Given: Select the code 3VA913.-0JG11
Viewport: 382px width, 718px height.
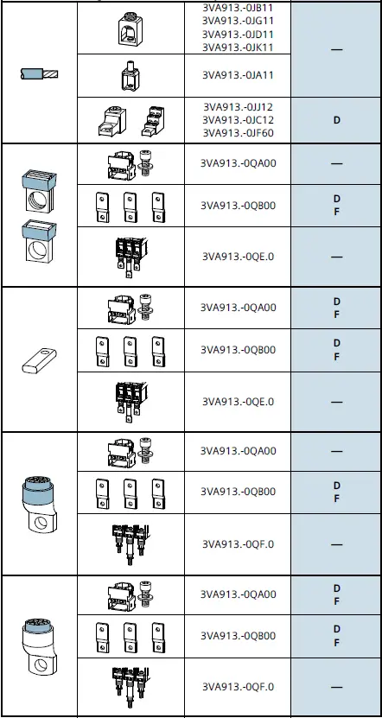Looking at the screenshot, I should pos(239,21).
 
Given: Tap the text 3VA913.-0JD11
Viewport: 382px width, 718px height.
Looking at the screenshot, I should pos(239,34).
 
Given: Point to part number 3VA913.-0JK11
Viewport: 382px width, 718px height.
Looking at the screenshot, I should pos(239,46).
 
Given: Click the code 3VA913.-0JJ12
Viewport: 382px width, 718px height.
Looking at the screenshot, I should pos(239,107).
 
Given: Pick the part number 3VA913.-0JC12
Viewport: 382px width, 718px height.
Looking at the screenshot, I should pos(239,120).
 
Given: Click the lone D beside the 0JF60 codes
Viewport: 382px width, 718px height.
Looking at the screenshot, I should pos(336,120).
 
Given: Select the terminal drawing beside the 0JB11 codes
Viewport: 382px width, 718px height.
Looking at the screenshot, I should pos(130,28).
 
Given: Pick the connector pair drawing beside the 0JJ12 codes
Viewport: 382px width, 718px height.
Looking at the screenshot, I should pos(130,121).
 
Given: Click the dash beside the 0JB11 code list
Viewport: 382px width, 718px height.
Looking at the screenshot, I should pos(336,50).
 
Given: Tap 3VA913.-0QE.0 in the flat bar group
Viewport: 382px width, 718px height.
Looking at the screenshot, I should pos(239,401).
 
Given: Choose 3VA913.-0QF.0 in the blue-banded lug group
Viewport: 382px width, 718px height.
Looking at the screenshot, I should pos(239,544).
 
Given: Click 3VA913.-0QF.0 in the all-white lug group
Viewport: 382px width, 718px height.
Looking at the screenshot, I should pos(239,687).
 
